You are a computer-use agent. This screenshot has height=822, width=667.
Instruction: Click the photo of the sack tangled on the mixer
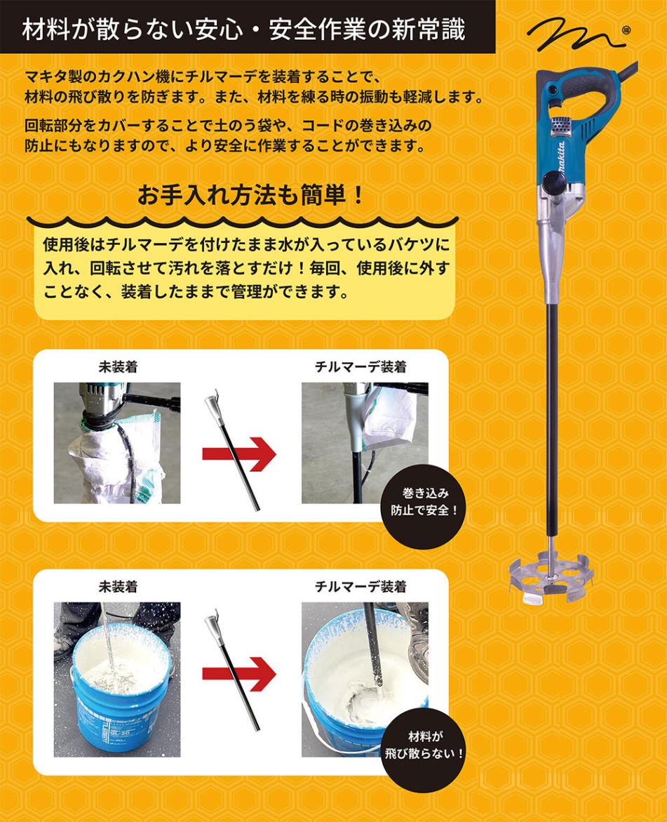tap(117, 442)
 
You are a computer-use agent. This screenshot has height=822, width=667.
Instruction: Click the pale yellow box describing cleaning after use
tap(245, 270)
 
